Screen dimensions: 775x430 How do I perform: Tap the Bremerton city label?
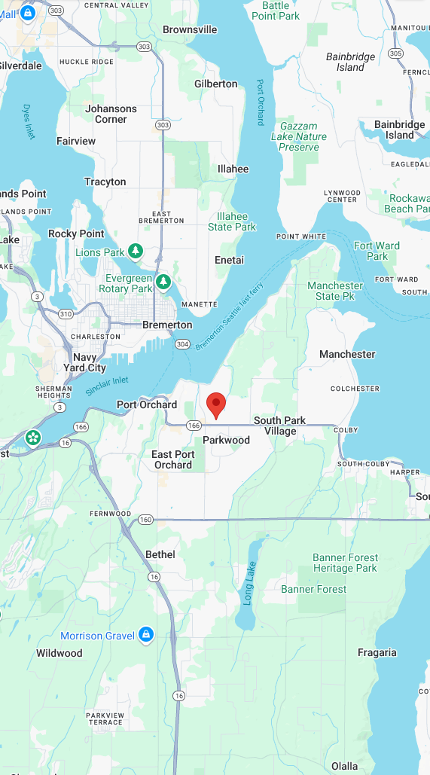[167, 325]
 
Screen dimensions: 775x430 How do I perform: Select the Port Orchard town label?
[147, 404]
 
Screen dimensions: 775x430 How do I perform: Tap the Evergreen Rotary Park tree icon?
[163, 282]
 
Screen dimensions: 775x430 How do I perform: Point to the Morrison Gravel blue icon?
[146, 636]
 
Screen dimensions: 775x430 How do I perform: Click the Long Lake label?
[250, 584]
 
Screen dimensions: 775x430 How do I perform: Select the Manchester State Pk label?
[335, 291]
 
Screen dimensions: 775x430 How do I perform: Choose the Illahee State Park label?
[232, 221]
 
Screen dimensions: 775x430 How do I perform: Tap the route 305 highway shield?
[396, 53]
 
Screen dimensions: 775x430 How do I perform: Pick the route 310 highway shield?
[66, 313]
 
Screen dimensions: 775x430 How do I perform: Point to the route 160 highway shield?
[145, 520]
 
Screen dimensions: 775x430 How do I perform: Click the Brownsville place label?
[190, 29]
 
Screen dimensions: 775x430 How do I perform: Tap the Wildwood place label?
[59, 653]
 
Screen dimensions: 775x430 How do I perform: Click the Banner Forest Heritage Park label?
[345, 563]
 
